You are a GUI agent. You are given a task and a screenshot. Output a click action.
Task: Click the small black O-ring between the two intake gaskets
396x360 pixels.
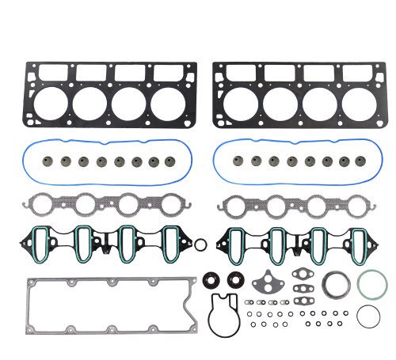point(201,244)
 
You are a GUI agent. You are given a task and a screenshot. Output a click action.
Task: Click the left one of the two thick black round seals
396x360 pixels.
point(212,279)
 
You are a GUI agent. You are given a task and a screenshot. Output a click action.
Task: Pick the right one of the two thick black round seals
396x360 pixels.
point(235,279)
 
